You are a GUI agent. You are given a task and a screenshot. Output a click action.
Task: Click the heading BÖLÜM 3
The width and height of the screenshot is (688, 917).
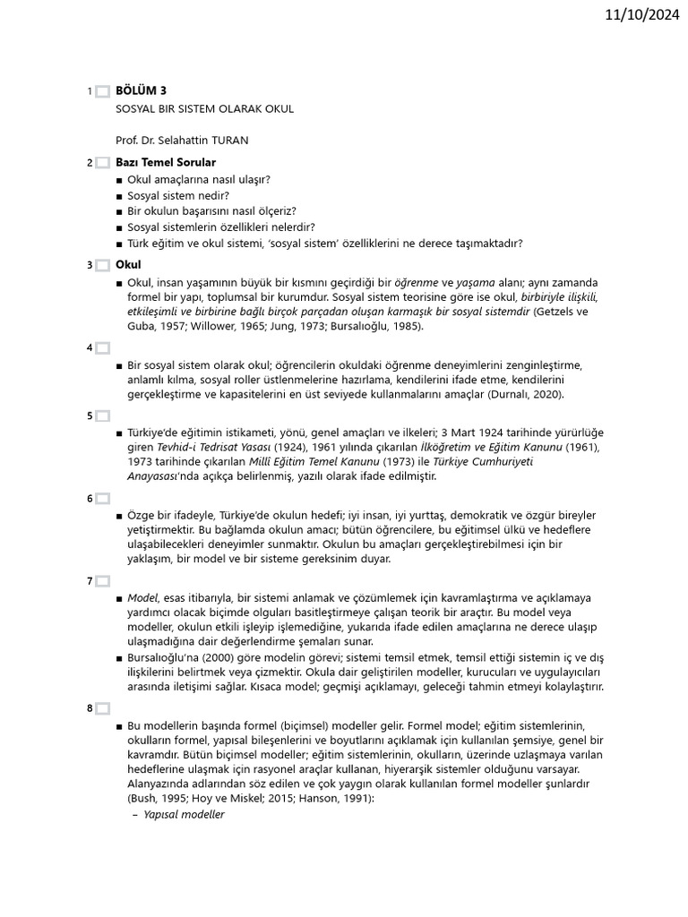pos(141,90)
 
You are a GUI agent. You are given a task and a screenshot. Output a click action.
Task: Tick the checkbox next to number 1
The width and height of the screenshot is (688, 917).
pos(102,91)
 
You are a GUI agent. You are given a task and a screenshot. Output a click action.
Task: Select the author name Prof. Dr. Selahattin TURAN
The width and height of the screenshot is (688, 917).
pos(182,141)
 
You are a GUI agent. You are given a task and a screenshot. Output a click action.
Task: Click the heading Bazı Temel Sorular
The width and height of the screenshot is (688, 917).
pos(166,162)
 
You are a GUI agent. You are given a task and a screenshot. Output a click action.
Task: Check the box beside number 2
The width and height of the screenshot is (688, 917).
pos(102,163)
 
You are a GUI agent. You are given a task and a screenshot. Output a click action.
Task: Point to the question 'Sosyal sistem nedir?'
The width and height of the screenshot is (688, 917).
pos(178,195)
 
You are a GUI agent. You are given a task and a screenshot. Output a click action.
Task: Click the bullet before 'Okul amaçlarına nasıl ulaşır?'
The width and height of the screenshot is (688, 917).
pos(119,179)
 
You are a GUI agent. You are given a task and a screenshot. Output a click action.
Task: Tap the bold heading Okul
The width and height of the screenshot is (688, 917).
pos(128,264)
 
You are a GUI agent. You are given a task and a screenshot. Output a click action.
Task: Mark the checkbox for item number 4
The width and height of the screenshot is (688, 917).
pos(102,347)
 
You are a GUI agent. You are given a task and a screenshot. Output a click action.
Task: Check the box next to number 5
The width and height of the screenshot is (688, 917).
pos(102,416)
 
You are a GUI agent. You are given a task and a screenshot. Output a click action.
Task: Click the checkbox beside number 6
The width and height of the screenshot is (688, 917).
pos(102,498)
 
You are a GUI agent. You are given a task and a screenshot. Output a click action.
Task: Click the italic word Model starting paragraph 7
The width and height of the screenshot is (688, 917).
pos(142,597)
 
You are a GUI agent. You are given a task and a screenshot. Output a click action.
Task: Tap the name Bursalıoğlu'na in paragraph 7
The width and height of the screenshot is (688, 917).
pos(165,657)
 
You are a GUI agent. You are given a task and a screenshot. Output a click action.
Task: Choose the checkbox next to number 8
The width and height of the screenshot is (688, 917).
pos(102,708)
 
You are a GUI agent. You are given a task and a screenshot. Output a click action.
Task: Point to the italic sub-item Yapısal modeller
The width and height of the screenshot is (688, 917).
pos(184,814)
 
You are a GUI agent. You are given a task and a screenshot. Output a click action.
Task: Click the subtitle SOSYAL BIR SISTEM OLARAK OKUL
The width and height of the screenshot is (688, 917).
pos(204,108)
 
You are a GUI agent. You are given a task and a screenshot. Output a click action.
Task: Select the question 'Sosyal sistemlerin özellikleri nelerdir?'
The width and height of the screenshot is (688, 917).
pos(220,227)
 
